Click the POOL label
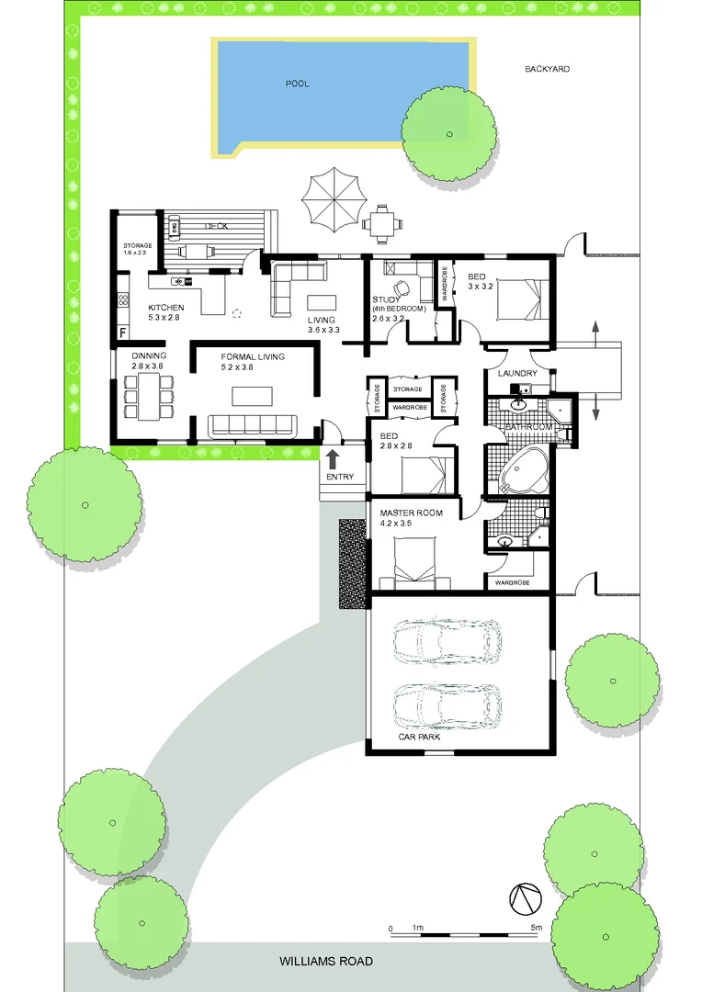[297, 84]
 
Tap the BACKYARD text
[548, 69]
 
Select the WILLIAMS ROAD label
[326, 961]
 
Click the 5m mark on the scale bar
[536, 928]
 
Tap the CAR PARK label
[418, 737]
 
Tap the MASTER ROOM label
[412, 513]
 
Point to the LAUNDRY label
[516, 373]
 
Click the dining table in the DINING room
[147, 397]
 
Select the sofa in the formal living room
[253, 424]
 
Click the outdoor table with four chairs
[379, 221]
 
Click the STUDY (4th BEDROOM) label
[399, 304]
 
